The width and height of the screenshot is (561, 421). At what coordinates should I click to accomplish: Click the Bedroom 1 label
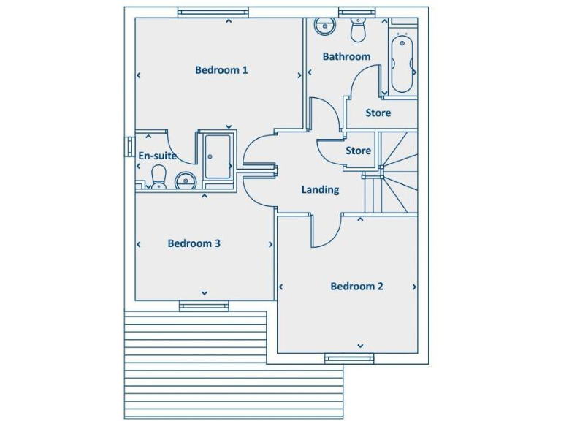pyautogui.click(x=221, y=70)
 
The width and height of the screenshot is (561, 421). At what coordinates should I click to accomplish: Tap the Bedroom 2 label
pyautogui.click(x=356, y=287)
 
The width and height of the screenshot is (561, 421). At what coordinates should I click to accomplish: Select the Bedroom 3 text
pyautogui.click(x=194, y=243)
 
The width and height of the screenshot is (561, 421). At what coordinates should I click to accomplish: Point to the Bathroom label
pyautogui.click(x=346, y=56)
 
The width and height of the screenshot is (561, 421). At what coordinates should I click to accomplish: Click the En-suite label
pyautogui.click(x=157, y=156)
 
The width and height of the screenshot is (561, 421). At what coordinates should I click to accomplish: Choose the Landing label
pyautogui.click(x=320, y=190)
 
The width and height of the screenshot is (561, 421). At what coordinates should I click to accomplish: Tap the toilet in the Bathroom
pyautogui.click(x=358, y=30)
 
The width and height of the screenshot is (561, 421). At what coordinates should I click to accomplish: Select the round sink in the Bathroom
pyautogui.click(x=324, y=26)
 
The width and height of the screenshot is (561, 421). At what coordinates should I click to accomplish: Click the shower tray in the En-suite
pyautogui.click(x=218, y=156)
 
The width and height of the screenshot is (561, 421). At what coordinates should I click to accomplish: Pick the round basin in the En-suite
pyautogui.click(x=185, y=180)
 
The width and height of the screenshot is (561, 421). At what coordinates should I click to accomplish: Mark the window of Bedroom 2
pyautogui.click(x=349, y=358)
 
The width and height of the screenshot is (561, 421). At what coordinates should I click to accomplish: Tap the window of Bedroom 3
pyautogui.click(x=204, y=306)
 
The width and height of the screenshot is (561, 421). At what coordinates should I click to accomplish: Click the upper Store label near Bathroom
pyautogui.click(x=378, y=113)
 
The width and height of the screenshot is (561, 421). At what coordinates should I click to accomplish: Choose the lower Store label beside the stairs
pyautogui.click(x=358, y=151)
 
